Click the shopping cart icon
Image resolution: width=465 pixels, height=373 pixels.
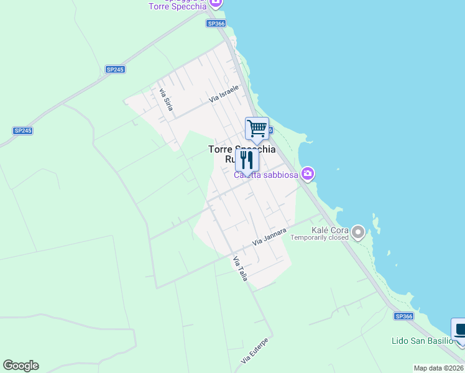pos(257,129)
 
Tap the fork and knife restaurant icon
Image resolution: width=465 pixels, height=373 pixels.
pos(247,160)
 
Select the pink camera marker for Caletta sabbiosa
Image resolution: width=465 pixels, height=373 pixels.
pos(307,173)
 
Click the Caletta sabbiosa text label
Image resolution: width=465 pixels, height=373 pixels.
pos(266,175)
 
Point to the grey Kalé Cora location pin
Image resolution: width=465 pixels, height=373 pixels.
pos(357,233)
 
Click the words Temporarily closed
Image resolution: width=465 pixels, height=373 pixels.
pos(320,237)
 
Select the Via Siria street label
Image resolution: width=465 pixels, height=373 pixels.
pos(166,99)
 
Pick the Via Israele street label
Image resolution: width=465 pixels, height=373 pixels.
pos(224,94)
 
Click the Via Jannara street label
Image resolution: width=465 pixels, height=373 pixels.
pos(269,236)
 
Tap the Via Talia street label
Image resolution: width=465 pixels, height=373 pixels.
pos(240,269)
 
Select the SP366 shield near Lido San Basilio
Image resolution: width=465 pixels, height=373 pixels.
pos(403,316)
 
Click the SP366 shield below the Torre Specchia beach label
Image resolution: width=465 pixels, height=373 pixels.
pos(216,24)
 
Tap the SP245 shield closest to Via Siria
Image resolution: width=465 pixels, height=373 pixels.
pos(114,69)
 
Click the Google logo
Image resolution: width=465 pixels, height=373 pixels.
pos(21,366)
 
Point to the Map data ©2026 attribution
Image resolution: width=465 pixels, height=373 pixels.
pos(439,368)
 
